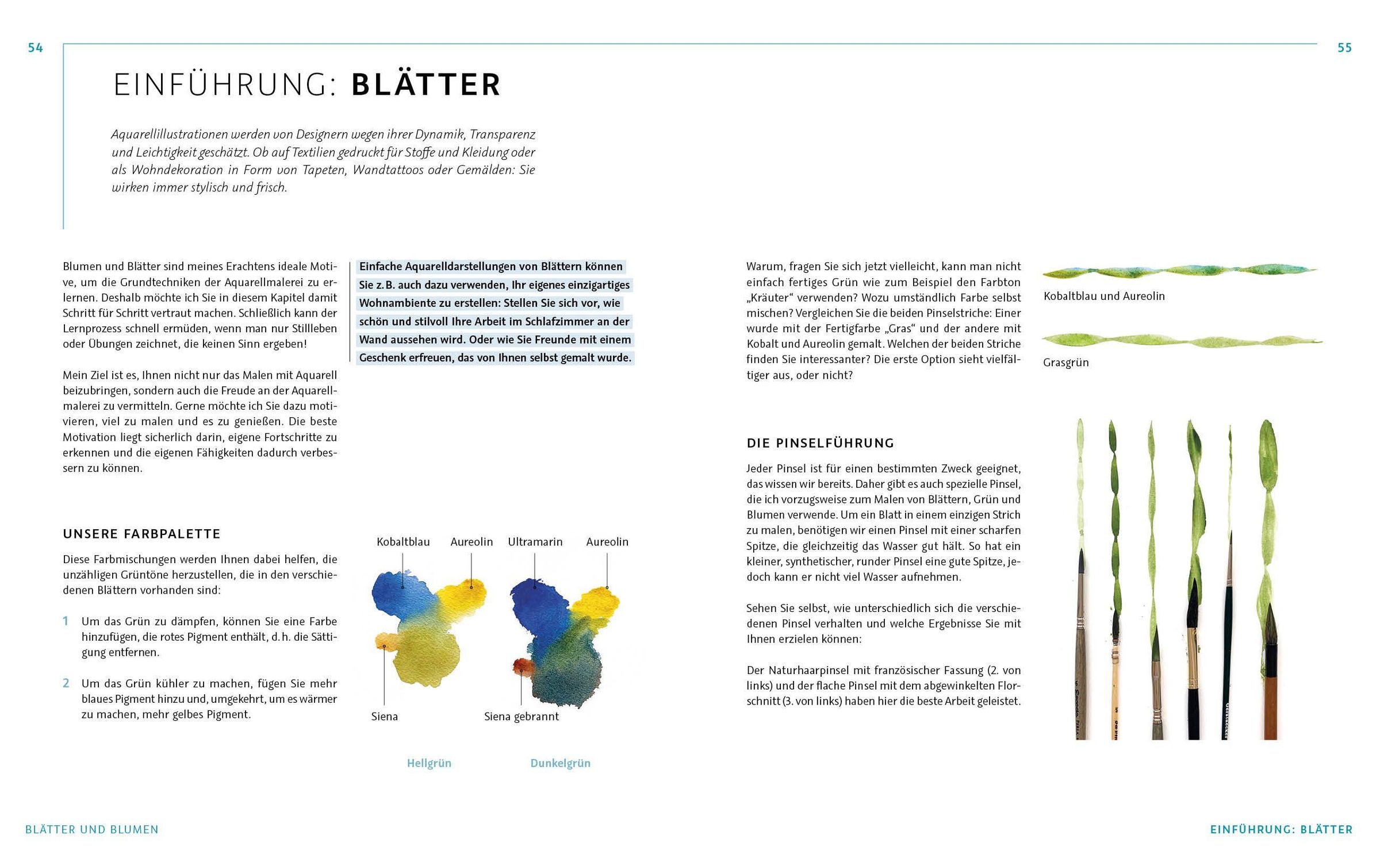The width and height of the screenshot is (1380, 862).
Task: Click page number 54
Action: pos(36,48)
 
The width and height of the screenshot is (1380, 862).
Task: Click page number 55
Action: pos(1344,48)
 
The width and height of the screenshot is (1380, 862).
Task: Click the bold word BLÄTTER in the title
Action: pos(426,84)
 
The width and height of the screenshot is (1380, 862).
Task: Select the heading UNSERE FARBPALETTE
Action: pos(141,534)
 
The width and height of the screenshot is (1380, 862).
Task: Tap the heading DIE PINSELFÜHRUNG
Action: pos(821,443)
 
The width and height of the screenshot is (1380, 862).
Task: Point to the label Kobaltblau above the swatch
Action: pos(403,542)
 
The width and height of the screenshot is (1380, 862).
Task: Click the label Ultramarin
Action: pos(535,542)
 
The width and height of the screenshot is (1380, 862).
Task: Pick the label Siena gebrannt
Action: pos(521,717)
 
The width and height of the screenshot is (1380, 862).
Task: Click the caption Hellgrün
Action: pos(429,763)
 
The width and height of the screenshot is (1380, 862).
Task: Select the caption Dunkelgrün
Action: pos(560,763)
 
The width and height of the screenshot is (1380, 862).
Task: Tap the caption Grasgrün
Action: pos(1065,363)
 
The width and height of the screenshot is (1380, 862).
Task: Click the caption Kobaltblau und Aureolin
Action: pos(1104,297)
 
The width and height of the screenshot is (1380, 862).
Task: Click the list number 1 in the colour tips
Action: pos(66,621)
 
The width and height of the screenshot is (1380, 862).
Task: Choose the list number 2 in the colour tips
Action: pos(66,683)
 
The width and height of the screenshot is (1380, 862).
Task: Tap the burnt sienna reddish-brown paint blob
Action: pos(522,667)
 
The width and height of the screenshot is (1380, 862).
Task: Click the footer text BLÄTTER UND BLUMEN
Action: pos(92,829)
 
